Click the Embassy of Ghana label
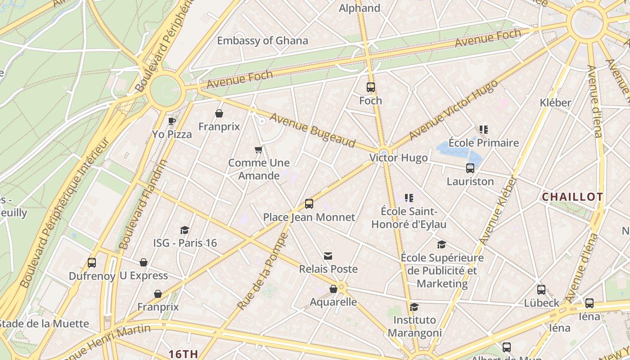[262, 40]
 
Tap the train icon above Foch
[371, 87]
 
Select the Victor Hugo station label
[398, 158]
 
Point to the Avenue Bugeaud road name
[312, 130]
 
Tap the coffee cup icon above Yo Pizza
[171, 121]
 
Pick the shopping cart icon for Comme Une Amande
[258, 149]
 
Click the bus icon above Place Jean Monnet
[309, 203]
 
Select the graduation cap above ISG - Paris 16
[184, 230]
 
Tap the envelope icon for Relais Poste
[328, 256]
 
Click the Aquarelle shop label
[333, 302]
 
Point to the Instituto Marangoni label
[414, 326]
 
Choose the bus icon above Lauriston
[470, 168]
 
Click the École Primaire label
[484, 143]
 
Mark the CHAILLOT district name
[572, 197]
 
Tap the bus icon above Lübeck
[541, 290]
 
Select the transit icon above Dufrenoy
[92, 262]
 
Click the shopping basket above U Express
[144, 262]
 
